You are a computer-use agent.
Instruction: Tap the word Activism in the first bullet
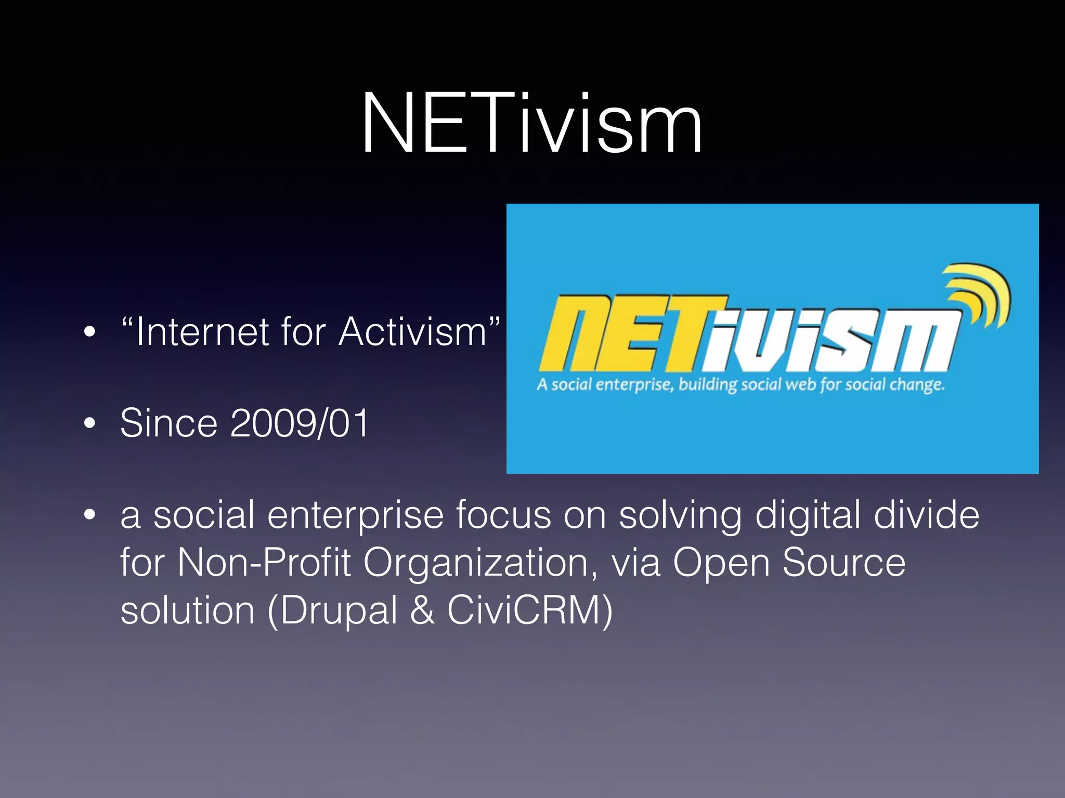coord(412,331)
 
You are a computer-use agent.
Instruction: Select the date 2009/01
coord(299,423)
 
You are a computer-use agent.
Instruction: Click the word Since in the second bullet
coord(168,423)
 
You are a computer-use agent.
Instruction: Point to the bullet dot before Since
coord(90,423)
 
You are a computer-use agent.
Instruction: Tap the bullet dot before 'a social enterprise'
coord(90,515)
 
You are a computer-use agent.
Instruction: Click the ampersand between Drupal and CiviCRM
coord(422,610)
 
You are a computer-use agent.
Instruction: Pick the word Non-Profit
coord(264,562)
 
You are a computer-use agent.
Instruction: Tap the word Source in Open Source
coord(843,562)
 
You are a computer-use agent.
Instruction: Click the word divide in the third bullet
coord(926,515)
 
